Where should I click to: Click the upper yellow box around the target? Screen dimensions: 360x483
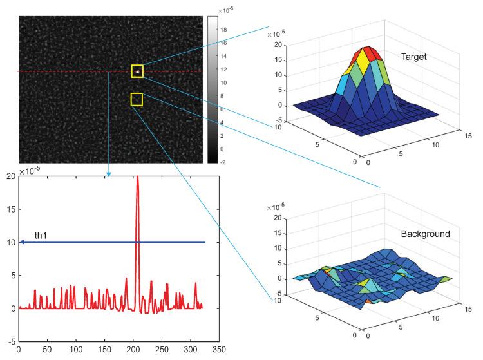point(137,71)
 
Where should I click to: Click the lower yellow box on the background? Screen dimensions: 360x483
point(137,99)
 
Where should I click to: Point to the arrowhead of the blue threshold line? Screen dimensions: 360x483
point(22,242)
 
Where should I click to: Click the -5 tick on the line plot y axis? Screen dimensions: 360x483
point(10,341)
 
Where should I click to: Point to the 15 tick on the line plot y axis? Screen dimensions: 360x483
point(10,209)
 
